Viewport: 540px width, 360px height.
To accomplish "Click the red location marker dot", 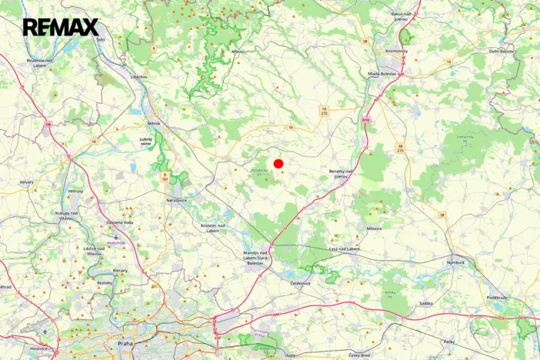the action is [278, 164].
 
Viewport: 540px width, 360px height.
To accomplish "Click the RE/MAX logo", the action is [61, 28].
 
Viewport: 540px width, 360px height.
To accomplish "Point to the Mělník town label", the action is [154, 122].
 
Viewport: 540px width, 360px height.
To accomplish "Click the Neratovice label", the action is [177, 199].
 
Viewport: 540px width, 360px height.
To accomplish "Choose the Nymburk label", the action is [456, 262].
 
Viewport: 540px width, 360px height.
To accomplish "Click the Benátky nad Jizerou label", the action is [341, 174].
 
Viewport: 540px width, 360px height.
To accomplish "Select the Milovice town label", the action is [375, 228].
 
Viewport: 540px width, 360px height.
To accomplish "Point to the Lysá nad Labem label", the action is [344, 248].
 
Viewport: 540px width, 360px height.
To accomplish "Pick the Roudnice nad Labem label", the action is [39, 62].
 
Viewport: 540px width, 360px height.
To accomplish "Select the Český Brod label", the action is [359, 355].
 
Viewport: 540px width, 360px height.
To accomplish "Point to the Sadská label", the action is [426, 304].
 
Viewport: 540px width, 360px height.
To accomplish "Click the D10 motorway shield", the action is [365, 120].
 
